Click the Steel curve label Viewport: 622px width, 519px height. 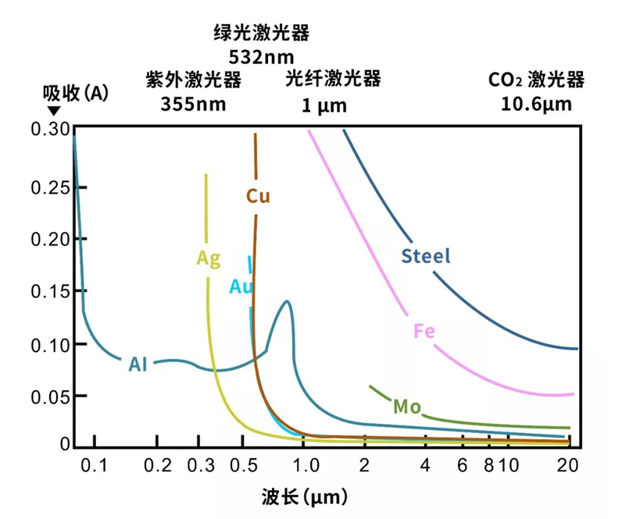point(426,256)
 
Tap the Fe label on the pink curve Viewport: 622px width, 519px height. point(424,331)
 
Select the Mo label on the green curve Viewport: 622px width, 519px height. point(406,406)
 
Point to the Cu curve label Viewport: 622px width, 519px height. point(258,196)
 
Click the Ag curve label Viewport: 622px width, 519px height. point(208,258)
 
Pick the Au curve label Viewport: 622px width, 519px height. point(241,286)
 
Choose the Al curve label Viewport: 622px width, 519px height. point(138,364)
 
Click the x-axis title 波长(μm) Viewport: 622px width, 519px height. point(304,496)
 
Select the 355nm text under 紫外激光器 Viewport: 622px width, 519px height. point(193,104)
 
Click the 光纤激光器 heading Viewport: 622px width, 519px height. point(333,79)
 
